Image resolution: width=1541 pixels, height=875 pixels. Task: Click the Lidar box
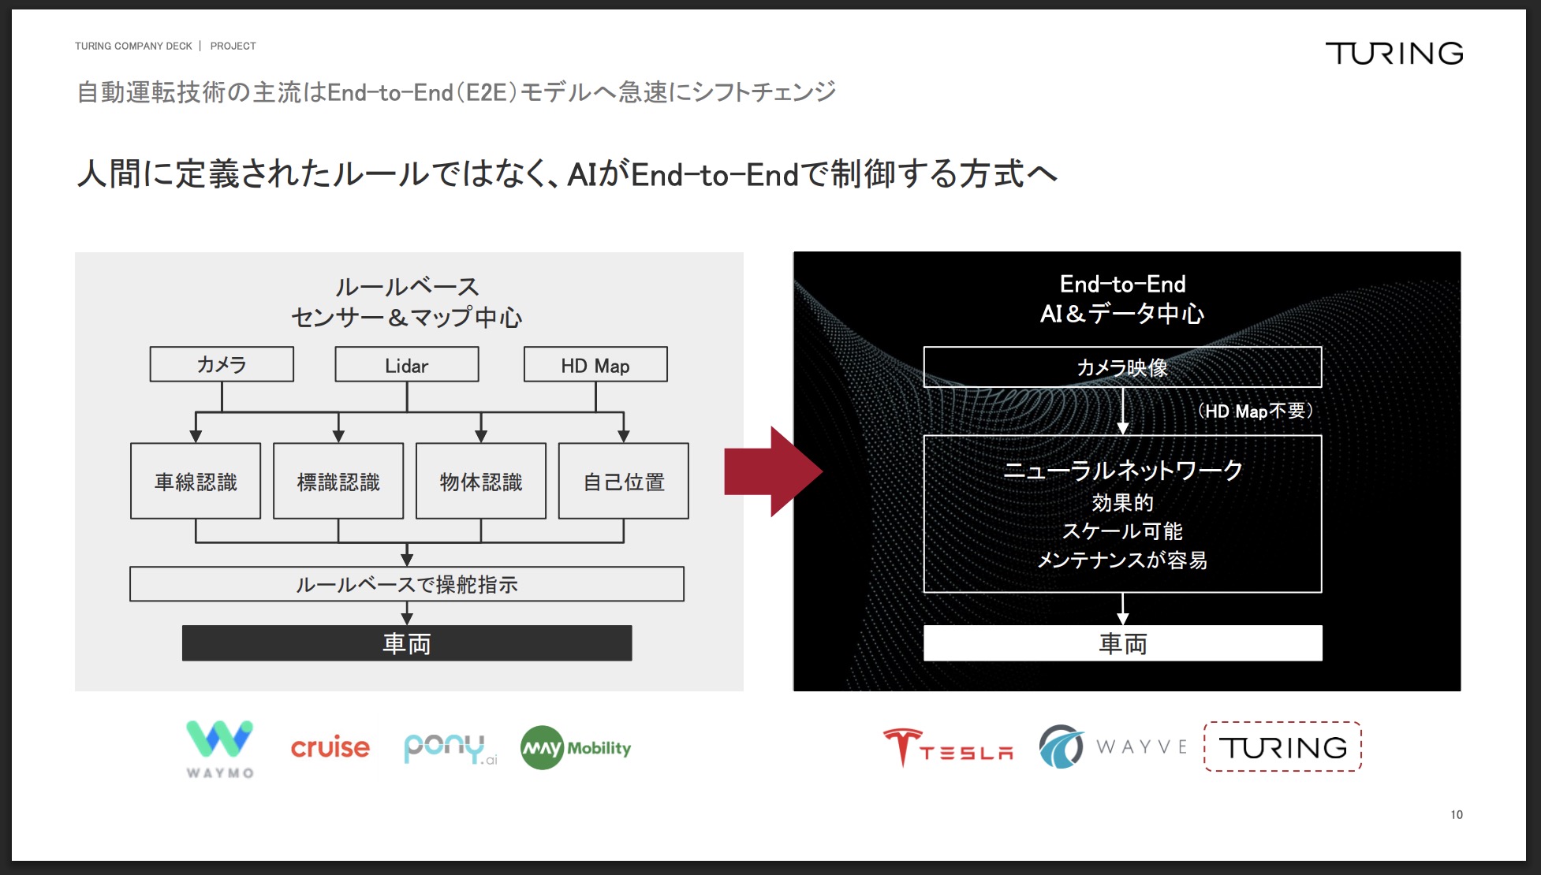pos(407,365)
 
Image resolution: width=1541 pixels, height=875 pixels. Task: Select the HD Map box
pos(595,365)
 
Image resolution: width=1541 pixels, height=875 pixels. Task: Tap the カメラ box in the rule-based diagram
pos(222,365)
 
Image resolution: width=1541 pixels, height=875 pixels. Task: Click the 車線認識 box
pos(196,481)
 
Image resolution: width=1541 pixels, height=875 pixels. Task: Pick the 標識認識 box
pos(338,481)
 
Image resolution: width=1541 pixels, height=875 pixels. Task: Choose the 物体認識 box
pos(481,481)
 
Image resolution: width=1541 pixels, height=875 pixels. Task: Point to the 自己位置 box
pos(624,481)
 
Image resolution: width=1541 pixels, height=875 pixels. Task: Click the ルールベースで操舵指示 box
pos(407,584)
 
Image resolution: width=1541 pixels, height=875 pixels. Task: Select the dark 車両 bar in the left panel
pos(407,643)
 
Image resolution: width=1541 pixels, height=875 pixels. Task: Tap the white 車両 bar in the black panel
pos(1123,643)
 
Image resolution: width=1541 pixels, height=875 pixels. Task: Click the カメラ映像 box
pos(1123,367)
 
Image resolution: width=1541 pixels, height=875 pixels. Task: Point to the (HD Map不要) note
pos(1255,411)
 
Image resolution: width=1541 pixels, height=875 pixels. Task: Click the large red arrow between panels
pos(773,471)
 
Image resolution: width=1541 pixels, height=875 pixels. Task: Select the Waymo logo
pos(220,749)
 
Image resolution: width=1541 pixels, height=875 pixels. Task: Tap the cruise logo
pos(330,747)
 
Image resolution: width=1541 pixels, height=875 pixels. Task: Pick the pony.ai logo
pos(450,748)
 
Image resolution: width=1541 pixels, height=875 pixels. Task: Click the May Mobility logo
pos(576,747)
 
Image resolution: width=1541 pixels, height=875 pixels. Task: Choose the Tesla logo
pos(948,747)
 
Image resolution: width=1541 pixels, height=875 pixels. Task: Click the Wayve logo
pos(1113,747)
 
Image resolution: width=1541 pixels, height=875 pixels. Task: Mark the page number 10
pos(1457,814)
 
